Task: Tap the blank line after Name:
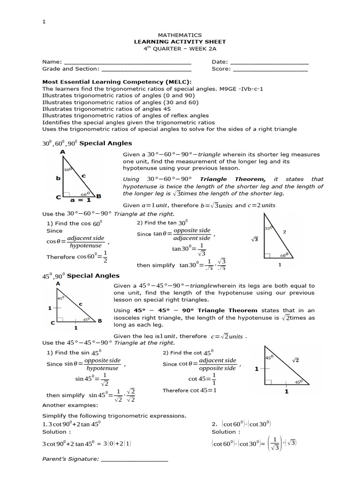pos(127,62)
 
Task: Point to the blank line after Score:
pos(270,69)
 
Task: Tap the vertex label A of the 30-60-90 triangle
pos(62,152)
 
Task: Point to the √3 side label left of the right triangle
pos(255,239)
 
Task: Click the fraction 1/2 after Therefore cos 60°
pos(105,257)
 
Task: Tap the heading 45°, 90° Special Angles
pos(81,276)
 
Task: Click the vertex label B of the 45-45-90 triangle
pos(99,321)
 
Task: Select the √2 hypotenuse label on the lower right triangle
pos(296,360)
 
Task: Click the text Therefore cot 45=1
pos(189,390)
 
